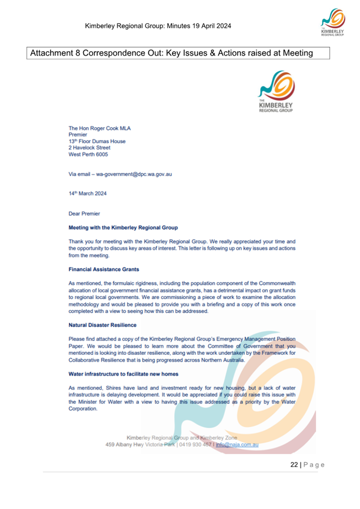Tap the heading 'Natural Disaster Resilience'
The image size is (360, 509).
tap(102, 325)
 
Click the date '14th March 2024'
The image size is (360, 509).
tap(88, 193)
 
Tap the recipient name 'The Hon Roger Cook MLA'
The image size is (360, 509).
tap(99, 128)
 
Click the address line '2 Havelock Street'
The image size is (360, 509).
tap(89, 148)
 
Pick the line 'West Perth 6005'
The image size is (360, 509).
tap(88, 155)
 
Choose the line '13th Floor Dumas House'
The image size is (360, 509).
tap(97, 141)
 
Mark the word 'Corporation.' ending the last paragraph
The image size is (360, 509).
tap(84, 409)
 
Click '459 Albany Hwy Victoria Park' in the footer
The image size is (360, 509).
tap(139, 445)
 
